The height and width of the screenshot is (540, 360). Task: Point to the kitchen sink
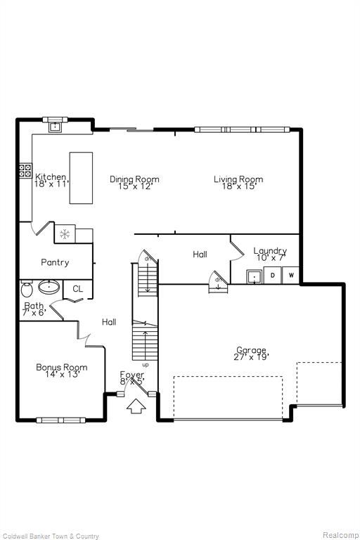55,127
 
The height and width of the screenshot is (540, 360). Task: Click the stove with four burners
25,171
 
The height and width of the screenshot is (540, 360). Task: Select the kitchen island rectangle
81,178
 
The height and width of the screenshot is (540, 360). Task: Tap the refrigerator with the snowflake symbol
65,234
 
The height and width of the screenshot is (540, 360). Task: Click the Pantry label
55,262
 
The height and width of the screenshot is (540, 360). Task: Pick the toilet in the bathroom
26,289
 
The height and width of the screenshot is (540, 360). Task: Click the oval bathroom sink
49,287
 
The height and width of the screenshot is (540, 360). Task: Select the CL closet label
78,288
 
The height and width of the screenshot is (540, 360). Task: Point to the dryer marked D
273,275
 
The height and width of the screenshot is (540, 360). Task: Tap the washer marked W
291,275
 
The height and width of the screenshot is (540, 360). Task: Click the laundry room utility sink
255,276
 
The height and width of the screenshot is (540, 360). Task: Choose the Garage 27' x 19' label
251,354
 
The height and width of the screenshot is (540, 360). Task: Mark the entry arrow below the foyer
136,406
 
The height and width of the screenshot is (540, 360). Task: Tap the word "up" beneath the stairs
146,365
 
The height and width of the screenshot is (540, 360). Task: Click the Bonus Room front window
61,420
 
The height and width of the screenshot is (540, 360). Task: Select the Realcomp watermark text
341,535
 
